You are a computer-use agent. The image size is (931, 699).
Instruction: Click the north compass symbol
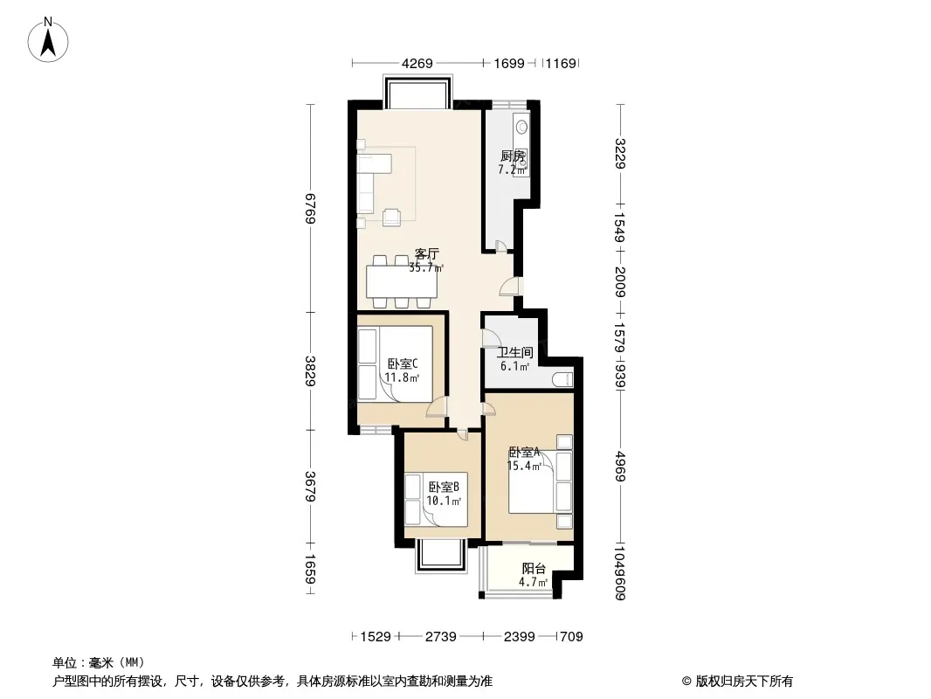[48, 40]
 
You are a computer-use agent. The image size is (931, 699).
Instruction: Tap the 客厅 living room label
[426, 254]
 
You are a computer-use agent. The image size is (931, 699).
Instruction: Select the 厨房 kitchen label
[513, 156]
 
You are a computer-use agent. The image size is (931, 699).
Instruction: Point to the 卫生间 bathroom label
[514, 353]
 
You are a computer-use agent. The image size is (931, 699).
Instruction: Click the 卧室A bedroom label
[524, 452]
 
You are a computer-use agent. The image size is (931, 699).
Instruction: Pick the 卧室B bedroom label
[444, 487]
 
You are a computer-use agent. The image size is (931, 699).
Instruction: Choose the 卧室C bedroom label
[403, 363]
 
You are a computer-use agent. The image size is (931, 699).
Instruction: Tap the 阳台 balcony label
[534, 568]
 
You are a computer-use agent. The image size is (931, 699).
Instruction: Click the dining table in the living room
[402, 282]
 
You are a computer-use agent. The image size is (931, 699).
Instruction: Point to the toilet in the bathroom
[562, 379]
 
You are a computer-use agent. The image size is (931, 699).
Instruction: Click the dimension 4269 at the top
[417, 63]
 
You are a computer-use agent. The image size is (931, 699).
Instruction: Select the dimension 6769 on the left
[310, 209]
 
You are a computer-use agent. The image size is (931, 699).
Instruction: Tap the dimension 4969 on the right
[620, 467]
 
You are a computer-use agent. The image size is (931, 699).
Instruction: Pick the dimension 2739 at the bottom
[440, 637]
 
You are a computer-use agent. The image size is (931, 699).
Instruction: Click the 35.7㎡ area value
[426, 268]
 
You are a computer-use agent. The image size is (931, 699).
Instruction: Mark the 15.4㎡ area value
[524, 466]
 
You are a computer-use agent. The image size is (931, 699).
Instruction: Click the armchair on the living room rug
[392, 218]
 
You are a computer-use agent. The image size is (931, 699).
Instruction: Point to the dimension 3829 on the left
[310, 371]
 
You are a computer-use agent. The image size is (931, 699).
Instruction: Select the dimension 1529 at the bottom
[376, 637]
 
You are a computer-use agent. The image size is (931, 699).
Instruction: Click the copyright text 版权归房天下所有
[743, 682]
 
